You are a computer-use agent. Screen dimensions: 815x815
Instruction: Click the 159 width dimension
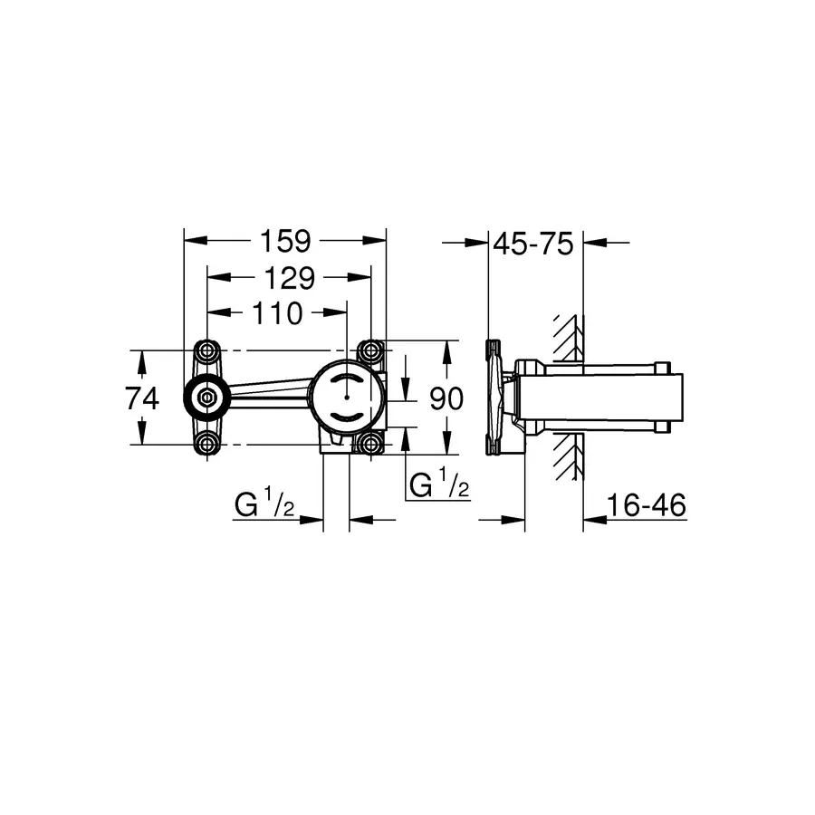(285, 241)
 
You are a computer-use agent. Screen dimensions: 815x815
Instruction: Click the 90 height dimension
(446, 398)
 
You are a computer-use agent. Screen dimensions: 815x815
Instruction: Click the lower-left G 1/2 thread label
(264, 505)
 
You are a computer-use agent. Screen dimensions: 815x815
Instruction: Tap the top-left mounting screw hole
(207, 350)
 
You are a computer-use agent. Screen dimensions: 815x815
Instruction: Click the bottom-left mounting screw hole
(207, 444)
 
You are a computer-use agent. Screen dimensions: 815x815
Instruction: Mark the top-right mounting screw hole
(369, 350)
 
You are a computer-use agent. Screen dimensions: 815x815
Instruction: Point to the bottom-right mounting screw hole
(369, 444)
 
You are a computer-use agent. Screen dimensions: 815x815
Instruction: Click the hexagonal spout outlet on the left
(207, 398)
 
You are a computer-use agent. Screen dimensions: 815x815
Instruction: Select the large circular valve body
(347, 398)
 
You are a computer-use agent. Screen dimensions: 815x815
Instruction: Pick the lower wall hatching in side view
(566, 457)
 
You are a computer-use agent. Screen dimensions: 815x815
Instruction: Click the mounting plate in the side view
(494, 398)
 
